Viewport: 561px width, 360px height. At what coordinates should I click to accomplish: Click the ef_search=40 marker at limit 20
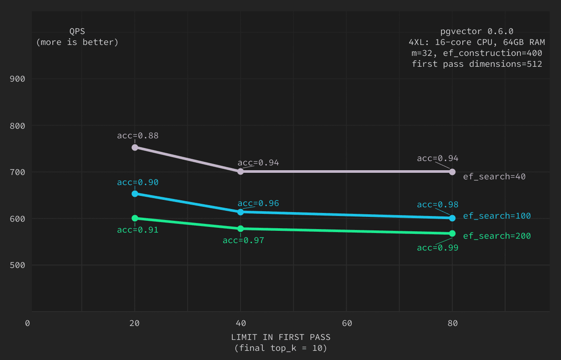pyautogui.click(x=135, y=147)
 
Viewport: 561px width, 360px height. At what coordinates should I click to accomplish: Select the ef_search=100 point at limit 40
pyautogui.click(x=241, y=212)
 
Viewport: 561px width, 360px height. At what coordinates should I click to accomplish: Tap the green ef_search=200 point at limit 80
pyautogui.click(x=452, y=233)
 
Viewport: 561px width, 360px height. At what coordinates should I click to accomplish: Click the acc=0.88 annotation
pyautogui.click(x=138, y=136)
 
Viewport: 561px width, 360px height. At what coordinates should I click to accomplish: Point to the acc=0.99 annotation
pyautogui.click(x=437, y=248)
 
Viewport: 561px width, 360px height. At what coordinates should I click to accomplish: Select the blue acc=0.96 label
pyautogui.click(x=258, y=203)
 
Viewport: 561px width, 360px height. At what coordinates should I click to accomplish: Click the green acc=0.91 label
pyautogui.click(x=138, y=230)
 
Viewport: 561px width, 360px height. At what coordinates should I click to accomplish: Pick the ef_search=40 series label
pyautogui.click(x=494, y=177)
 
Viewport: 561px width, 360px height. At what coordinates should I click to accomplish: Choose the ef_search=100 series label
pyautogui.click(x=497, y=216)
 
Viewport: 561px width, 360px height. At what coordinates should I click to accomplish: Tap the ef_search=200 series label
pyautogui.click(x=497, y=236)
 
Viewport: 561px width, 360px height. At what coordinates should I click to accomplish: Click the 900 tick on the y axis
pyautogui.click(x=17, y=79)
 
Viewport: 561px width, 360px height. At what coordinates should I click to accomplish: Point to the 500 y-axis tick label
pyautogui.click(x=17, y=265)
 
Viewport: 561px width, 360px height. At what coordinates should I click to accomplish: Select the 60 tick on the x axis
pyautogui.click(x=347, y=323)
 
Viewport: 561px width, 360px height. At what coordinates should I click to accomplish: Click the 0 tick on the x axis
pyautogui.click(x=28, y=323)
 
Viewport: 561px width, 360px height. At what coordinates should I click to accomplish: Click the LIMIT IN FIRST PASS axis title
pyautogui.click(x=281, y=337)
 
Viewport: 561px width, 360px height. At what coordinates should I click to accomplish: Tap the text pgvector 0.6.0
pyautogui.click(x=477, y=31)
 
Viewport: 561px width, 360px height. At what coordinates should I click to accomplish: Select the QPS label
pyautogui.click(x=77, y=31)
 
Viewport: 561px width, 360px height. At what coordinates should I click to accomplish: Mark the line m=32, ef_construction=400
pyautogui.click(x=477, y=53)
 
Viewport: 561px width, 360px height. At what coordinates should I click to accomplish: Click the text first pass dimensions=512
pyautogui.click(x=477, y=64)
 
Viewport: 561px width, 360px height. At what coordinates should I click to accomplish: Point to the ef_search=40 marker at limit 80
pyautogui.click(x=452, y=171)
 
